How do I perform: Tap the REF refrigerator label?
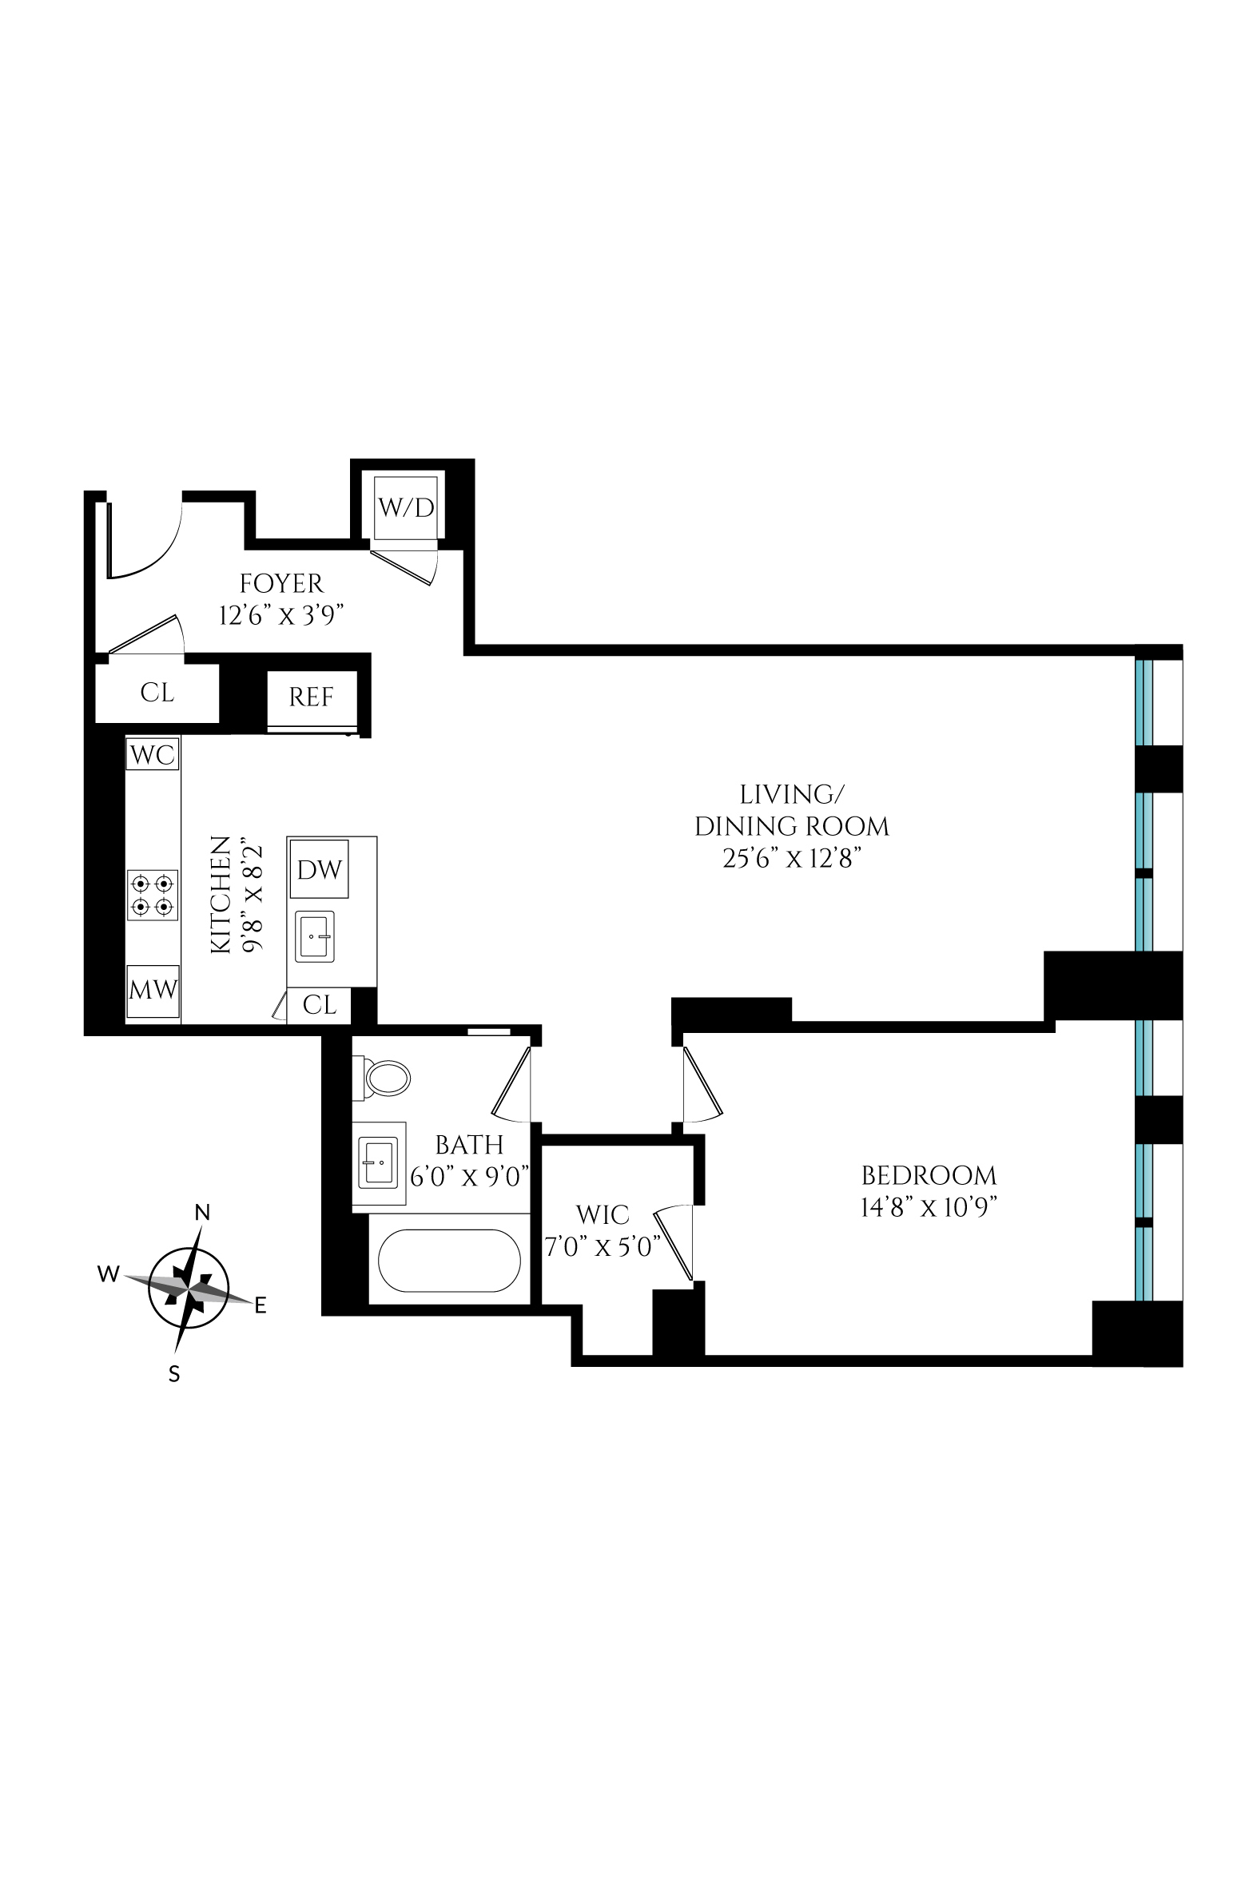pyautogui.click(x=312, y=697)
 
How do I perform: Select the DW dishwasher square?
pyautogui.click(x=320, y=870)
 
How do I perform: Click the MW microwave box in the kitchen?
pyautogui.click(x=153, y=991)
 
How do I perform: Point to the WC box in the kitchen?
pyautogui.click(x=153, y=754)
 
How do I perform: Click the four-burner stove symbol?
pyautogui.click(x=153, y=896)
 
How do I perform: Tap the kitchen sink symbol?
pyautogui.click(x=316, y=936)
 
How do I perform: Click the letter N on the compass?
pyautogui.click(x=203, y=1213)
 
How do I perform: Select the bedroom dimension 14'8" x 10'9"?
pyautogui.click(x=929, y=1207)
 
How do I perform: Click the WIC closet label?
pyautogui.click(x=603, y=1216)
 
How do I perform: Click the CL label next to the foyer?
pyautogui.click(x=157, y=693)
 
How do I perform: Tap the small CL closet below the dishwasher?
pyautogui.click(x=320, y=1004)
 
